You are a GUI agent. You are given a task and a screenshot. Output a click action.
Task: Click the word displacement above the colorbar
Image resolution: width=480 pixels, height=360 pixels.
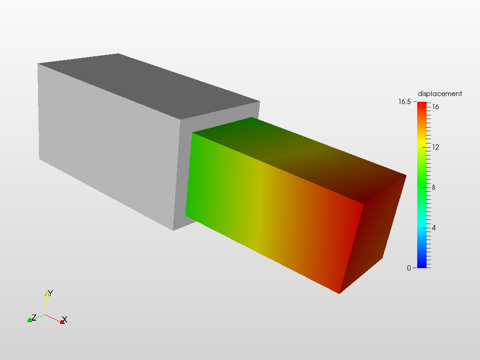[440, 94]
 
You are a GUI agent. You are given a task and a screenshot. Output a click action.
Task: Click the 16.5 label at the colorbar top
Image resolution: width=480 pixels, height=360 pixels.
[405, 102]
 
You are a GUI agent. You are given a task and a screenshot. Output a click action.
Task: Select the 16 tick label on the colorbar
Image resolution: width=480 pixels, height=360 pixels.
[435, 107]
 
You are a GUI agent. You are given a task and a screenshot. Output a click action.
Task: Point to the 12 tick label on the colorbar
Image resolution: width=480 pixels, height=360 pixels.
[435, 147]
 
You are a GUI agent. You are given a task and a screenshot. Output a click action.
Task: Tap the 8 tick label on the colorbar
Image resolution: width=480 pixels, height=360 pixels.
[434, 187]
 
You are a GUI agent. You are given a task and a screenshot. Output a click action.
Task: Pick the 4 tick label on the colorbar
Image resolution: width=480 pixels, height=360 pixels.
[434, 228]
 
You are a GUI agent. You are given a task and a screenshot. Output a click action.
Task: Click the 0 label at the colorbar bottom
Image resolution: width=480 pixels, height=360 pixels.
[409, 268]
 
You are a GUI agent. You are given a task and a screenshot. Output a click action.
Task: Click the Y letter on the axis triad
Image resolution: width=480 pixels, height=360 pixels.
[51, 293]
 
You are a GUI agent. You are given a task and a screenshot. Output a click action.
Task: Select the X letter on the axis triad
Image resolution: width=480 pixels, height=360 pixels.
[65, 319]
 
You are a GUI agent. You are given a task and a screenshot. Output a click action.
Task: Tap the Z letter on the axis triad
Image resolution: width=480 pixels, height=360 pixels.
[33, 317]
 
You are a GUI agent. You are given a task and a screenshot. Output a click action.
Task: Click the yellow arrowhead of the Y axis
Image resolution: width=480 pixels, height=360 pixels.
[47, 294]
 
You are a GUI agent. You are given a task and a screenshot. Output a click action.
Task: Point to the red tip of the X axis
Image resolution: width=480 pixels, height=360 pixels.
[61, 322]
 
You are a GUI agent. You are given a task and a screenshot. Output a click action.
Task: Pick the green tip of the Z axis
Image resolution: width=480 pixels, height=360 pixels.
[29, 320]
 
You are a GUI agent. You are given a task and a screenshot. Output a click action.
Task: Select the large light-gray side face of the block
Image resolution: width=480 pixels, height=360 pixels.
[108, 145]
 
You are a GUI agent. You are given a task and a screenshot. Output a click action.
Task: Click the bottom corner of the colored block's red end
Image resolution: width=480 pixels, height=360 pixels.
[339, 293]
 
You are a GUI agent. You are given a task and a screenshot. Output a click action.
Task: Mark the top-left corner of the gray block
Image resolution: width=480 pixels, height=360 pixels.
[38, 64]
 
